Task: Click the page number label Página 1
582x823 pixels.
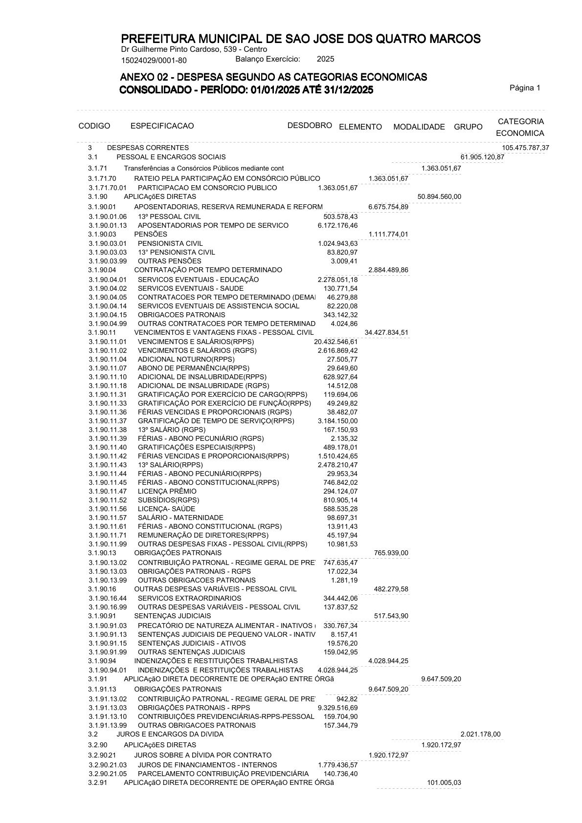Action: pyautogui.click(x=525, y=88)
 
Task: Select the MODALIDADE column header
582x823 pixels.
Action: pyautogui.click(x=419, y=127)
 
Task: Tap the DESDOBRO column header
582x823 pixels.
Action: pyautogui.click(x=310, y=125)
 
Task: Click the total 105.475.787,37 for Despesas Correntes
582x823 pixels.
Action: pyautogui.click(x=525, y=148)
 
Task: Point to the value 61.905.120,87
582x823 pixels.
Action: pyautogui.click(x=482, y=157)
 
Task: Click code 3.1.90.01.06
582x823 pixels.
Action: pyautogui.click(x=108, y=217)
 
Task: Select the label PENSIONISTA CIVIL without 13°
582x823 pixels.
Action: pyautogui.click(x=170, y=243)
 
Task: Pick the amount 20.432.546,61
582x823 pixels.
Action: pyautogui.click(x=336, y=342)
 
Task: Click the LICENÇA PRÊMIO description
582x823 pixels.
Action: pyautogui.click(x=167, y=491)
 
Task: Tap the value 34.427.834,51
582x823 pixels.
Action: pyautogui.click(x=386, y=333)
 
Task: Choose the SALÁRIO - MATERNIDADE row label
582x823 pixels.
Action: pyautogui.click(x=180, y=518)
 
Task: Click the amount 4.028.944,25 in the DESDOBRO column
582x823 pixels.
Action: pyautogui.click(x=337, y=670)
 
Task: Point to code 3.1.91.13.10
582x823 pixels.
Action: pyautogui.click(x=108, y=716)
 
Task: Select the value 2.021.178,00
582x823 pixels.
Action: pyautogui.click(x=480, y=734)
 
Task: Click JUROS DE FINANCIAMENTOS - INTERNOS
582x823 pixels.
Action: pyautogui.click(x=207, y=765)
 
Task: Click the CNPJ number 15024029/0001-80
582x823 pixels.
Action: pyautogui.click(x=154, y=60)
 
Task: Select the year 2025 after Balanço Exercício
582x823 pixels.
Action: pyautogui.click(x=325, y=59)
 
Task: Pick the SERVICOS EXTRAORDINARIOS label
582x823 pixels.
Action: pyautogui.click(x=189, y=598)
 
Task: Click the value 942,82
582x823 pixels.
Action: pyautogui.click(x=347, y=699)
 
